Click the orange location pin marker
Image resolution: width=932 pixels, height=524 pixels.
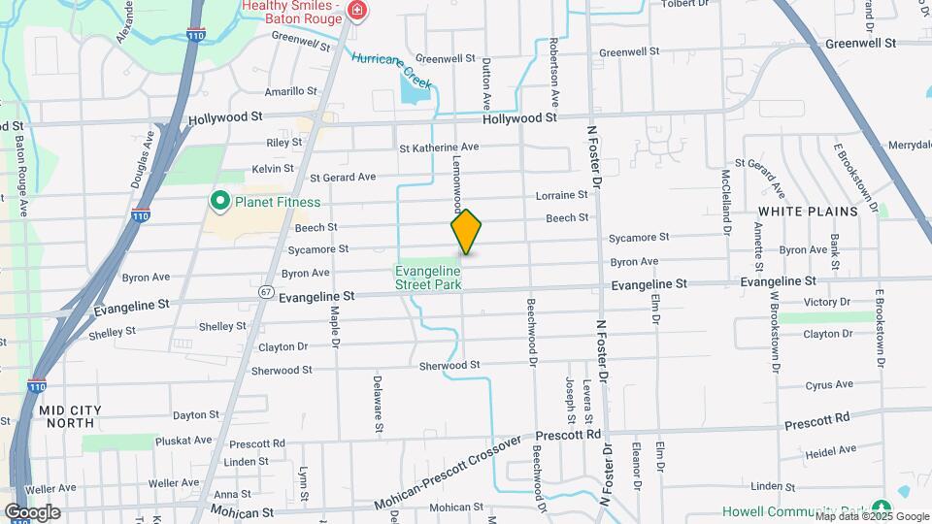466,232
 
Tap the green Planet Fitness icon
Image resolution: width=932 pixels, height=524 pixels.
219,202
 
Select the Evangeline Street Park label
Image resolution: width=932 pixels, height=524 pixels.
427,277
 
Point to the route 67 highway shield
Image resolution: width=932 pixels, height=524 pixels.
266,291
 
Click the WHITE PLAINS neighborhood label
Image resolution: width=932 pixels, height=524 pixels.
808,211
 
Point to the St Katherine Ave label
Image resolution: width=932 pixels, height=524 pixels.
440,147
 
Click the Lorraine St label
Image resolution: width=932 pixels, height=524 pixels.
562,195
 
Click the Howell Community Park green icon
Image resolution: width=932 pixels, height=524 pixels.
882,508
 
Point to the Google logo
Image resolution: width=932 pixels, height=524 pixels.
32,511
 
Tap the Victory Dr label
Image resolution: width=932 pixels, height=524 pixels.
827,302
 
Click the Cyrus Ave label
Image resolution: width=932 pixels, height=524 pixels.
829,384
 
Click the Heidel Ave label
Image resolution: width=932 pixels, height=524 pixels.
831,450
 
